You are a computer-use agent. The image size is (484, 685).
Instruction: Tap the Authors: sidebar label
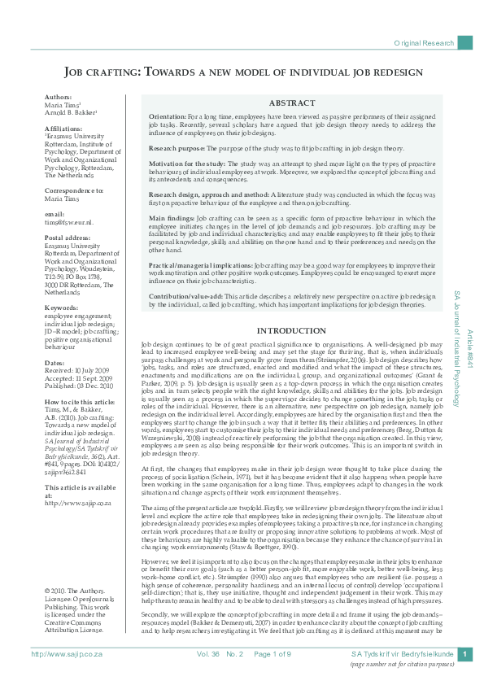(x=59, y=97)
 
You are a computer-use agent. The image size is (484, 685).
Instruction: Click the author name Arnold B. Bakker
(x=70, y=112)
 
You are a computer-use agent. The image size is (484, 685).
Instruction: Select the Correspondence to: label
(x=74, y=190)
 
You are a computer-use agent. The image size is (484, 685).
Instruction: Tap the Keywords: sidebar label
(x=61, y=308)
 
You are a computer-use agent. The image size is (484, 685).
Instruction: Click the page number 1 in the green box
(x=464, y=654)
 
